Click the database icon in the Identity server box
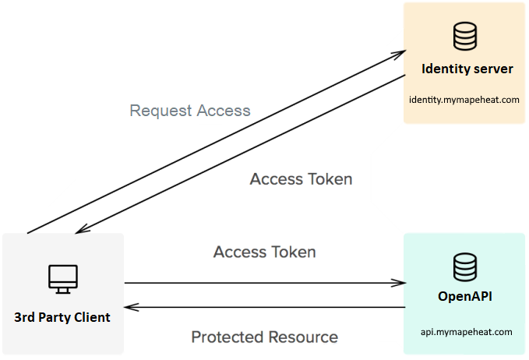[465, 35]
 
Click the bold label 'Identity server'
[467, 69]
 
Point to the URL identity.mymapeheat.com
[464, 100]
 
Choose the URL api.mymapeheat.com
[466, 331]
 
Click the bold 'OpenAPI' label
[466, 298]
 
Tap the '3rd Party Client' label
[62, 317]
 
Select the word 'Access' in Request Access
[223, 111]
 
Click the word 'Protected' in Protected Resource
[227, 337]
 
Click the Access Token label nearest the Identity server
[301, 179]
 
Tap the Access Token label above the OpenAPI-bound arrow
[264, 252]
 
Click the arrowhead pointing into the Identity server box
[400, 53]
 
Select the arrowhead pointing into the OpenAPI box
[400, 284]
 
